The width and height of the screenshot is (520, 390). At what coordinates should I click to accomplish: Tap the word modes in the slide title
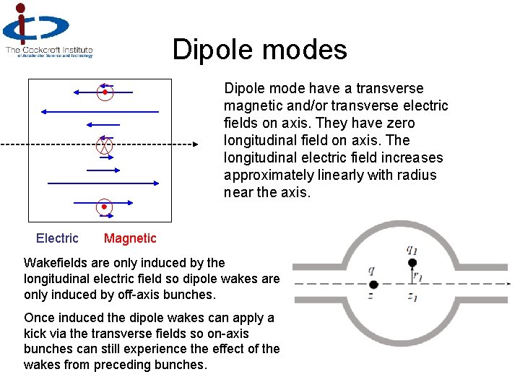click(303, 50)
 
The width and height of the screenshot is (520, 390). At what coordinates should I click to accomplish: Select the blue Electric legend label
click(57, 238)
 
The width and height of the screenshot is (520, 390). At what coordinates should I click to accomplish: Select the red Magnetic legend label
click(130, 238)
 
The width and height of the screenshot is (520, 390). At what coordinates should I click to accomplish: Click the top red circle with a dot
click(105, 92)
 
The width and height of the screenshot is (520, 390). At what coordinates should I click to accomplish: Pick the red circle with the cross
click(105, 145)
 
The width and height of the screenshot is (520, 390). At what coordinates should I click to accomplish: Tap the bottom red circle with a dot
click(105, 207)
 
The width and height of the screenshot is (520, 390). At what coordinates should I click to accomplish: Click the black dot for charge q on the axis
click(373, 284)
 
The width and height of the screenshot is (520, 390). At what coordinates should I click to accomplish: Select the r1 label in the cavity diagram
click(417, 274)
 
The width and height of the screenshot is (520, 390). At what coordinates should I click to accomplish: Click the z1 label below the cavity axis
click(412, 297)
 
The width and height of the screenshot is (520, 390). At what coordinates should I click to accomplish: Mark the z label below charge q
click(371, 296)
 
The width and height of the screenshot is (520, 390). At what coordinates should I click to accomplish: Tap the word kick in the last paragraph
click(36, 333)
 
